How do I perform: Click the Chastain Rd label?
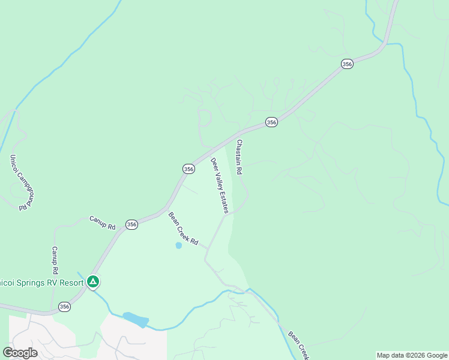239,157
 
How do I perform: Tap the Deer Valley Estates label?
219,185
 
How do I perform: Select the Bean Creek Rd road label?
183,229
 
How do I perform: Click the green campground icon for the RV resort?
92,281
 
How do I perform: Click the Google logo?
20,353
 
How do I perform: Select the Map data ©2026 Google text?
412,355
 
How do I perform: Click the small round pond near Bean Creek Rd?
178,245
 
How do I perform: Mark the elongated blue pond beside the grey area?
136,319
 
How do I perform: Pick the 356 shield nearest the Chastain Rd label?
271,122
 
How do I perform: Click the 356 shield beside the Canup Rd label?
131,224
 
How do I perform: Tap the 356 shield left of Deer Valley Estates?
188,169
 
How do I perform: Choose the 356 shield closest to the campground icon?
65,307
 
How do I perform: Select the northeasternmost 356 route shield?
346,64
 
